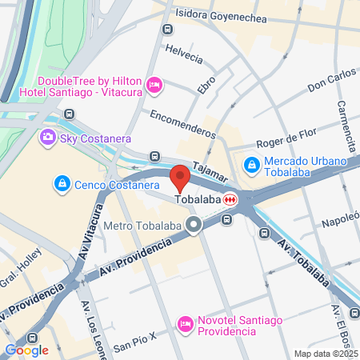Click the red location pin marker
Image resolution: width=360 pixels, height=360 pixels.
180,177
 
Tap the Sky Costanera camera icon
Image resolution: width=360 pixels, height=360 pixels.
48,138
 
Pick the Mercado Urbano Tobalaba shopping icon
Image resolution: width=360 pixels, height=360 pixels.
251,164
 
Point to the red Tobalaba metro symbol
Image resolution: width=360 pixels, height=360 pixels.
230,199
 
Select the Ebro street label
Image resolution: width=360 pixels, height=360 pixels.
206,83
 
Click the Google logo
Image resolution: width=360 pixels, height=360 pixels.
26,350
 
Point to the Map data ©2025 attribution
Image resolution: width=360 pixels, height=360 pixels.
326,354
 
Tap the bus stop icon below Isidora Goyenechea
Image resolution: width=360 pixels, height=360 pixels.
166,30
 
